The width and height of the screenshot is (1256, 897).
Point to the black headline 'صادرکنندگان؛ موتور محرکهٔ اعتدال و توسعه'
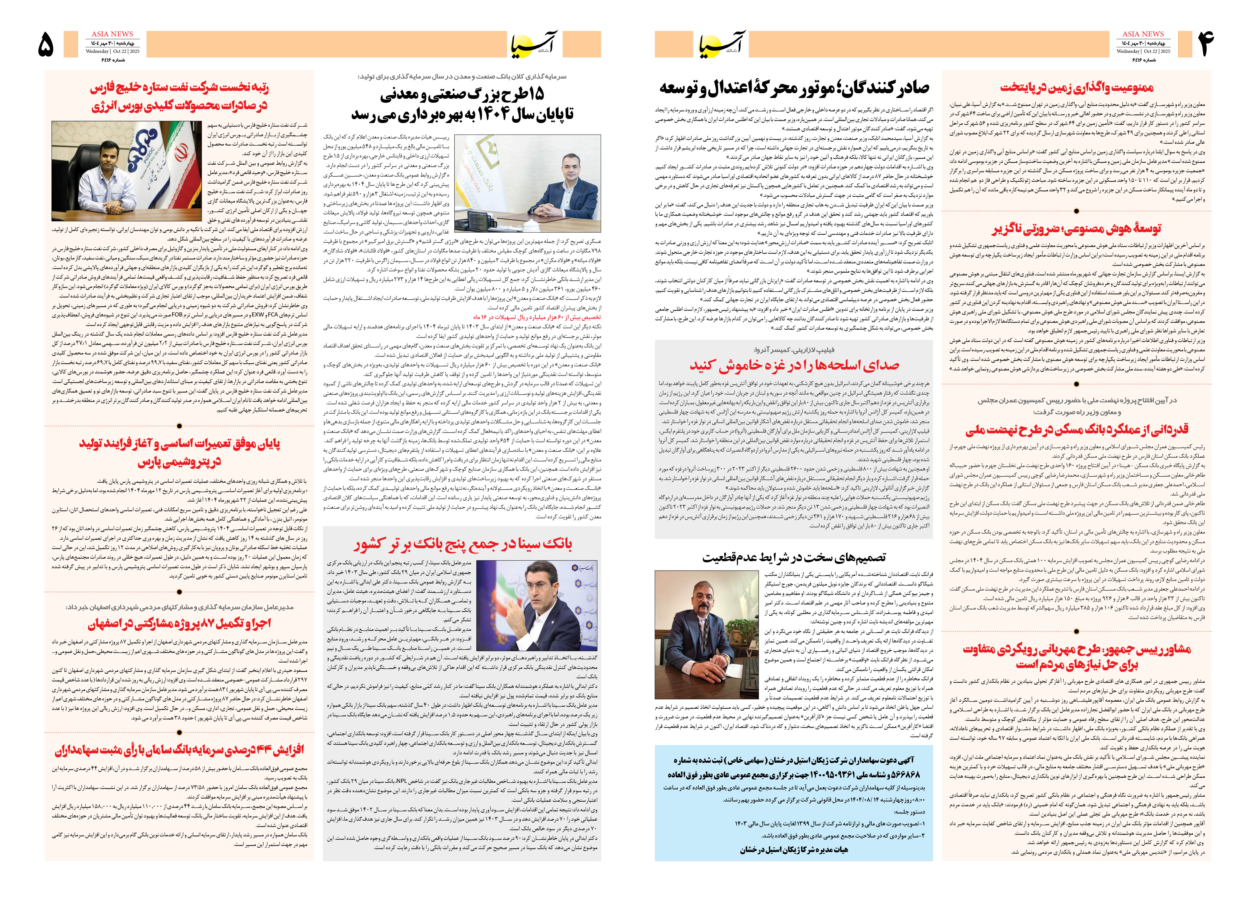[x=794, y=87]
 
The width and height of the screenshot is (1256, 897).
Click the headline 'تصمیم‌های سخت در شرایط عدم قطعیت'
[x=794, y=558]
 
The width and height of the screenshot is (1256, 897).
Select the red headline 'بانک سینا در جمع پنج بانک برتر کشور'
[x=463, y=544]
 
